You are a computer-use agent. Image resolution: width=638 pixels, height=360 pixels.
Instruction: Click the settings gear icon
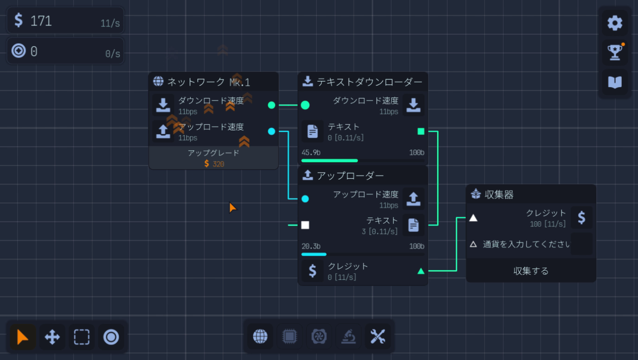(x=615, y=23)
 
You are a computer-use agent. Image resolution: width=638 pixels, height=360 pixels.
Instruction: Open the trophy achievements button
(x=615, y=52)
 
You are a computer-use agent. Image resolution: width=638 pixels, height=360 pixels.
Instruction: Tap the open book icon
(x=615, y=82)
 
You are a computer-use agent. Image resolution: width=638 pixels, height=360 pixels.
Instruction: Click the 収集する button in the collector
(x=531, y=271)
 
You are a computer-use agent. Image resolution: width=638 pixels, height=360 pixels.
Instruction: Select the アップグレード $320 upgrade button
(x=213, y=158)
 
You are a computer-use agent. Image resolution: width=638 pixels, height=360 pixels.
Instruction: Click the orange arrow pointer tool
(x=22, y=337)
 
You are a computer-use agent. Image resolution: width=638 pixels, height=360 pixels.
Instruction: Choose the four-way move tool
(x=52, y=337)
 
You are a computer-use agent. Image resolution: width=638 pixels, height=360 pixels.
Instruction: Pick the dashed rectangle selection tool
(x=82, y=337)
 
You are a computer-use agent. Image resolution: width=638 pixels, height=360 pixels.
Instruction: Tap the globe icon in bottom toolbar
(x=260, y=336)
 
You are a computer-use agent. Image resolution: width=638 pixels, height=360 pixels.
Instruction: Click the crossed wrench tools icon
(x=378, y=336)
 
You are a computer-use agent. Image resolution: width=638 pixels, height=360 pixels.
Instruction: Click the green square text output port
(x=421, y=131)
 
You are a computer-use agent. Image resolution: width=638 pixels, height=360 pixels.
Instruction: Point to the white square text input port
(x=305, y=225)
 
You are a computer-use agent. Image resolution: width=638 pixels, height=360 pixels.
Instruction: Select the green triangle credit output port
(x=421, y=271)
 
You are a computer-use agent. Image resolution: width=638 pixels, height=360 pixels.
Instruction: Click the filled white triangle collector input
(x=473, y=218)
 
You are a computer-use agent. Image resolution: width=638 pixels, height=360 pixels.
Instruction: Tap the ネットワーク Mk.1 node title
(x=208, y=82)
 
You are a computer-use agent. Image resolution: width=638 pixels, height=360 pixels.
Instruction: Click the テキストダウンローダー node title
(x=369, y=82)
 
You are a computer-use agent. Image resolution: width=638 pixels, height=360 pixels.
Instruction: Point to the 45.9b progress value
(x=311, y=153)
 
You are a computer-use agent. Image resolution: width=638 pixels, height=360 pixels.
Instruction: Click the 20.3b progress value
(x=311, y=246)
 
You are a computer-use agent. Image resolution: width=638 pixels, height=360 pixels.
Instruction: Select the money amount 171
(x=41, y=21)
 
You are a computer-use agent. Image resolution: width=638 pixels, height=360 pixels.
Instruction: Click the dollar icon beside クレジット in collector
(x=581, y=218)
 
